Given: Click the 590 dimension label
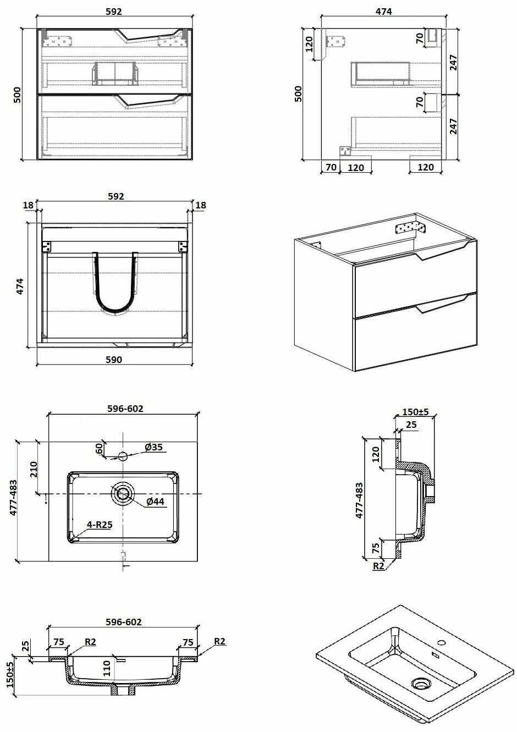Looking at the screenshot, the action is coord(114,360).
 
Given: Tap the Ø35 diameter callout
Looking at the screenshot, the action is coord(153,447).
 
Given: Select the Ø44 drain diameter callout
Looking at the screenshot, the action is coord(155,501).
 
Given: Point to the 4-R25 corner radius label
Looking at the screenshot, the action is coord(100,525).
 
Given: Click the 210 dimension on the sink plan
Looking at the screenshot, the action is coord(34,469).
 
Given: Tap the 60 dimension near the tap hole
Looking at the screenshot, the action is coord(100,448).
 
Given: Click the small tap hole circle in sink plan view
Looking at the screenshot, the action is coord(123,456).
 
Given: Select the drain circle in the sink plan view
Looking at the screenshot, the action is coord(123,493).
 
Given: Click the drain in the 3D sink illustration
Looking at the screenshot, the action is coord(421,683).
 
